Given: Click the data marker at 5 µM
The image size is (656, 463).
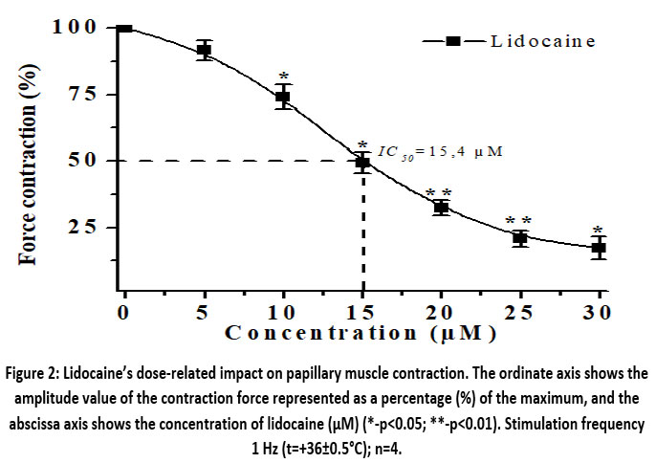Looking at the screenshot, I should tap(204, 51).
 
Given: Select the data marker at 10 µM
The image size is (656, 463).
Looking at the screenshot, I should tap(283, 97).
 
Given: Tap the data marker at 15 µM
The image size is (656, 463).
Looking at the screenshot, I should tap(362, 162).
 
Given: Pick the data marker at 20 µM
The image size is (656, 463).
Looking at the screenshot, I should tap(441, 208).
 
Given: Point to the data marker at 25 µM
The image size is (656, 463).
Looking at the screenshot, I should tap(520, 237).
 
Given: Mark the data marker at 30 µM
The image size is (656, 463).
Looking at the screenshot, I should tap(599, 248).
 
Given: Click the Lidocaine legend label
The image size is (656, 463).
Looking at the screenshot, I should tap(542, 40).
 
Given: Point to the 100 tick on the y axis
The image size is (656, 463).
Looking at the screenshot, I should tap(75, 27).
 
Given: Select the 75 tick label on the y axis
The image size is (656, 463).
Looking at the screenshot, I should tap(81, 94).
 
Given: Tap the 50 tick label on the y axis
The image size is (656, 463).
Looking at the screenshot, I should tap(81, 160).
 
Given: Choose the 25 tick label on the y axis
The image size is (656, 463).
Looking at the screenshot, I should tap(81, 227).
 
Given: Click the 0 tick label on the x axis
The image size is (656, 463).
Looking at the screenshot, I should tap(124, 312).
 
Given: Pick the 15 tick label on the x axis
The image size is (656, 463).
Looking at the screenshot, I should tap(361, 312).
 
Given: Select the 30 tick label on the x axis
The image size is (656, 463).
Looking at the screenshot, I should tap(599, 312).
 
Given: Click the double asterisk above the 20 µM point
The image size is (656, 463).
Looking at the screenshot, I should tap(439, 194).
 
